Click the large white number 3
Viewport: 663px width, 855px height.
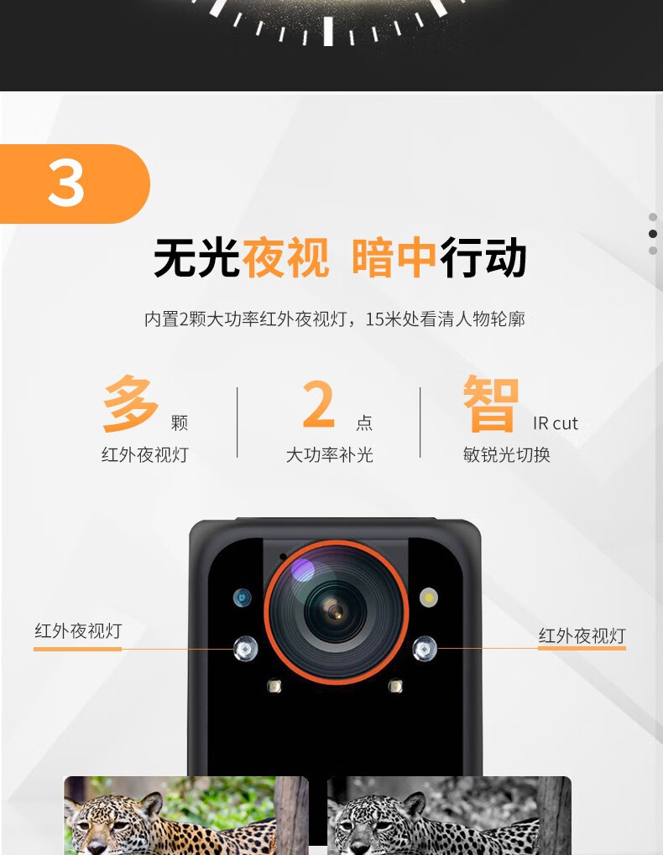tap(66, 184)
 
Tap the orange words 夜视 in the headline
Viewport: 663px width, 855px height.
tap(285, 257)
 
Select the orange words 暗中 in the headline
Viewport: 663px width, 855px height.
tap(394, 257)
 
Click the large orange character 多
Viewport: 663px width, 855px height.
tap(131, 403)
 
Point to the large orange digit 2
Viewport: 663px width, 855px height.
tap(318, 404)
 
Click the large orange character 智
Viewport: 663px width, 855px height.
tap(490, 403)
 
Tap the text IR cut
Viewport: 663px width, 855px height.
tap(556, 423)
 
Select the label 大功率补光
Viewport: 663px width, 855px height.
tap(330, 455)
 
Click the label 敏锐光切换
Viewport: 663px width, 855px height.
tap(507, 455)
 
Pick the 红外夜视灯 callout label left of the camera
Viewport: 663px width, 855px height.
tap(78, 631)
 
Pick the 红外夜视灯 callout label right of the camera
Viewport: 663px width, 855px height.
tap(582, 635)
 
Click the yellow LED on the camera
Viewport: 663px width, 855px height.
tap(429, 598)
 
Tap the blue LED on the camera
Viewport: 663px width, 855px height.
tap(242, 598)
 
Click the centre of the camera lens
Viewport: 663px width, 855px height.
tap(336, 612)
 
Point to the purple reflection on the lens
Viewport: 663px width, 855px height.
tap(303, 570)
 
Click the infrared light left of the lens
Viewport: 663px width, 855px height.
tap(245, 649)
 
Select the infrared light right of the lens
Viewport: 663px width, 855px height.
tap(425, 649)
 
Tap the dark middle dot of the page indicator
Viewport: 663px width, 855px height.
tap(653, 234)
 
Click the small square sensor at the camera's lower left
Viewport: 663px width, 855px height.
tap(274, 686)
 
